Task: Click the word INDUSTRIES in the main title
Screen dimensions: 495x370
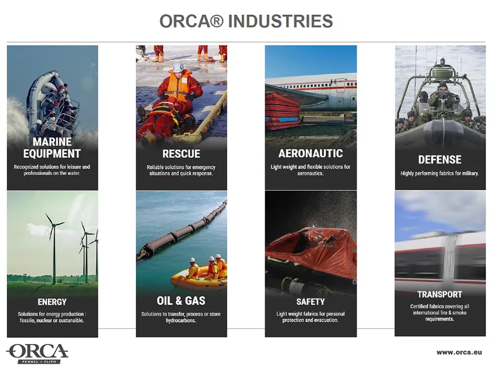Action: point(280,21)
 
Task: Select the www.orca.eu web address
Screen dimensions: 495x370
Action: point(460,352)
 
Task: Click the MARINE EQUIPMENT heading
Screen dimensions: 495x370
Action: point(52,148)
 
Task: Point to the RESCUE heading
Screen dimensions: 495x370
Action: point(181,154)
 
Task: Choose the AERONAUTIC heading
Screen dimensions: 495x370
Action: point(310,154)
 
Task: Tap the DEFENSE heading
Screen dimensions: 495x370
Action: point(440,160)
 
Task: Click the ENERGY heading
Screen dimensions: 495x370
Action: point(52,302)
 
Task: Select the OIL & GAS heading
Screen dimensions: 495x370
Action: point(181,301)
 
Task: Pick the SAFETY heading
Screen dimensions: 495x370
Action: point(310,302)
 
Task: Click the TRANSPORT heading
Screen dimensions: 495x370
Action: point(440,295)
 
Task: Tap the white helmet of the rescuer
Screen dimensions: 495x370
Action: point(178,67)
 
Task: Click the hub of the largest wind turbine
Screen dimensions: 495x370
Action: point(54,225)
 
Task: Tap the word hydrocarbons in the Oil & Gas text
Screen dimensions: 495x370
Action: point(181,320)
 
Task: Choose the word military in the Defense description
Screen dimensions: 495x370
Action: point(469,173)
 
